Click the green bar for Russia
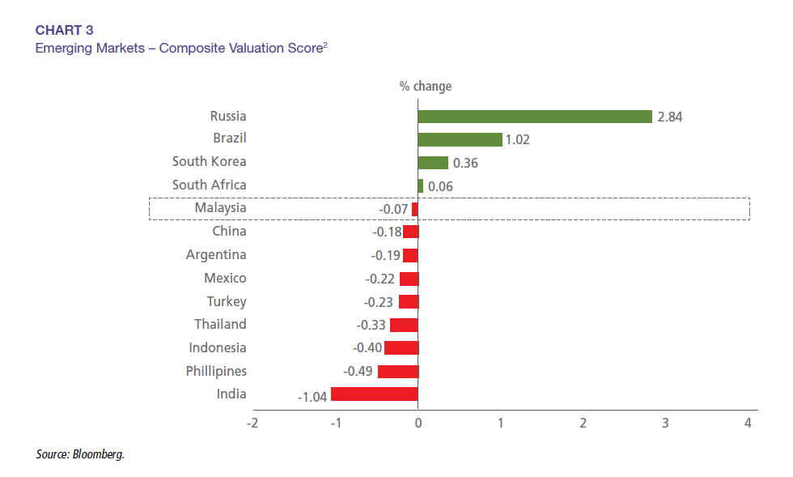[534, 117]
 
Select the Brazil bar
[460, 139]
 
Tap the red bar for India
[374, 394]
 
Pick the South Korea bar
[432, 163]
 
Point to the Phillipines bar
[397, 372]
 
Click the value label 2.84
[670, 117]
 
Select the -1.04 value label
[312, 396]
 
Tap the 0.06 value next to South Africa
[440, 187]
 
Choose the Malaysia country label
[220, 208]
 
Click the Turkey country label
[227, 301]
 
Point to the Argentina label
[216, 254]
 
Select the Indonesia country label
[218, 347]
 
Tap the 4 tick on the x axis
[748, 423]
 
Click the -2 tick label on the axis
[252, 423]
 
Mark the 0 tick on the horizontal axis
[418, 423]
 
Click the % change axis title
[425, 86]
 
